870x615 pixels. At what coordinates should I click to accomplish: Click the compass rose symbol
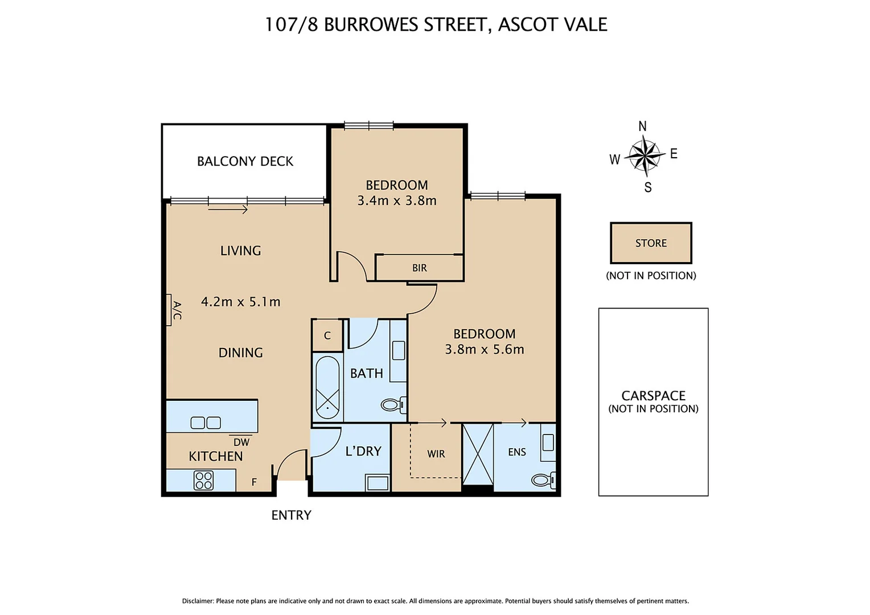pyautogui.click(x=645, y=155)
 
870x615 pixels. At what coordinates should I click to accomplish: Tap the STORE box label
pyautogui.click(x=651, y=243)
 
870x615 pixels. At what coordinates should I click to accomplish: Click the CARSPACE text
pyautogui.click(x=653, y=396)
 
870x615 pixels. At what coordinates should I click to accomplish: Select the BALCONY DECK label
pyautogui.click(x=245, y=161)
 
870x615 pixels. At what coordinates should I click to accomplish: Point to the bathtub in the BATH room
pyautogui.click(x=327, y=387)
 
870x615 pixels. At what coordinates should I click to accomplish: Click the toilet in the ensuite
pyautogui.click(x=543, y=480)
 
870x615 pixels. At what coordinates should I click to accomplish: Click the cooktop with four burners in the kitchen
pyautogui.click(x=203, y=480)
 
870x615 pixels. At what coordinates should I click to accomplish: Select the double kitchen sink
pyautogui.click(x=206, y=423)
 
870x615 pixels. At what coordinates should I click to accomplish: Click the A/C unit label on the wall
pyautogui.click(x=177, y=310)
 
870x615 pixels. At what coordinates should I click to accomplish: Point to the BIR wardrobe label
pyautogui.click(x=420, y=268)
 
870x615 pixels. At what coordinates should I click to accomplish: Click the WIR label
pyautogui.click(x=436, y=454)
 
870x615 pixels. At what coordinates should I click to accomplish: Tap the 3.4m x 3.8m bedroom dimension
pyautogui.click(x=397, y=200)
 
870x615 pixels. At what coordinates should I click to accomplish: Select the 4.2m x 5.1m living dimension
pyautogui.click(x=240, y=302)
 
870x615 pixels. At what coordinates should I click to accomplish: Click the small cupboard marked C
pyautogui.click(x=327, y=336)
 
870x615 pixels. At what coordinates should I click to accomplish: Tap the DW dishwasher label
pyautogui.click(x=241, y=442)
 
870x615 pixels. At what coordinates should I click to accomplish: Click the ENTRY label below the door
pyautogui.click(x=291, y=515)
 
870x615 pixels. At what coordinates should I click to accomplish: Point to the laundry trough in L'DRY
pyautogui.click(x=377, y=483)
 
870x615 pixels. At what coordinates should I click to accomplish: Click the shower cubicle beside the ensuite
pyautogui.click(x=478, y=454)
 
